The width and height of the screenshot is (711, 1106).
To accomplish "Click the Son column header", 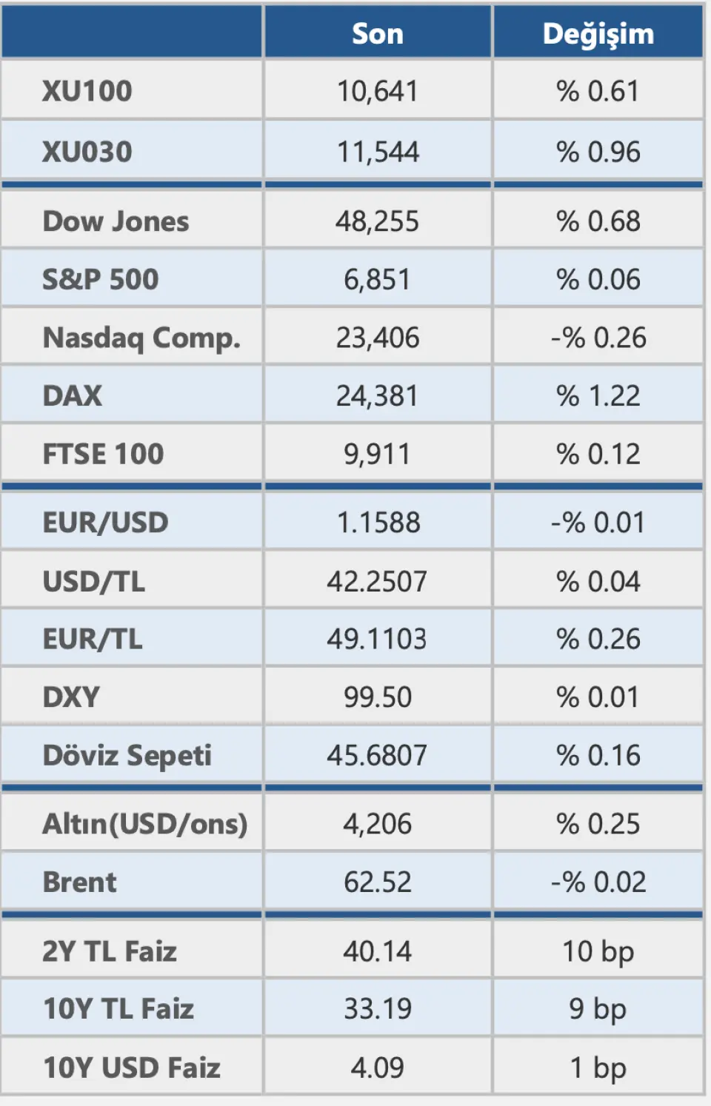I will point(378,33).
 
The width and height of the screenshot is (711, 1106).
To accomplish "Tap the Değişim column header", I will point(598,33).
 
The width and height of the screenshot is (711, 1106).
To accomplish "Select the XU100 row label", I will point(87,91).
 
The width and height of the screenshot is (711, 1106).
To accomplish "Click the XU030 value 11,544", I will point(378,152).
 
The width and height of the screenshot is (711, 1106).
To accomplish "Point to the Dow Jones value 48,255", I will point(378,221).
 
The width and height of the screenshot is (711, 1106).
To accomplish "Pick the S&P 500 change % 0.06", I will point(598,279).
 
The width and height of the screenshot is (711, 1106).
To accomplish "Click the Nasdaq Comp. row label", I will point(141,338).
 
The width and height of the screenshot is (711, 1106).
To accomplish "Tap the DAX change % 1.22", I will point(598,395).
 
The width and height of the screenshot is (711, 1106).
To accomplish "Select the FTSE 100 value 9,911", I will point(378,454).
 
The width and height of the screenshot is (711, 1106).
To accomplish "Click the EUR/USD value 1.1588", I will point(378,523).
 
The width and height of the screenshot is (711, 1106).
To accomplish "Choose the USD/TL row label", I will point(94,581).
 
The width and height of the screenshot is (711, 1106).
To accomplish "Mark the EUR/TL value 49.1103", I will point(378,639).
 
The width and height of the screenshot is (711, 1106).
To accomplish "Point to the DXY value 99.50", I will point(378,697).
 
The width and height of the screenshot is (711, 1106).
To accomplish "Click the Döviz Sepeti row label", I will point(127,755).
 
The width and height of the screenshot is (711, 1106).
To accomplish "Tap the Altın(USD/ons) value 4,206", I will point(378,824).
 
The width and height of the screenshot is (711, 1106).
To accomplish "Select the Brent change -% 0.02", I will point(598,882).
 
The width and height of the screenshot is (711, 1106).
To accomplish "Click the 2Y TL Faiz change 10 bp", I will point(598,951).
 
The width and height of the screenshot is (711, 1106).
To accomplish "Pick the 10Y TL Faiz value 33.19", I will point(378,1009).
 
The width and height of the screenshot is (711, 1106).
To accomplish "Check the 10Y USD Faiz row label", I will point(132,1068).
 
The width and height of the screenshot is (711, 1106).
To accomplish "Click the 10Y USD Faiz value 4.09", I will point(378,1068).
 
